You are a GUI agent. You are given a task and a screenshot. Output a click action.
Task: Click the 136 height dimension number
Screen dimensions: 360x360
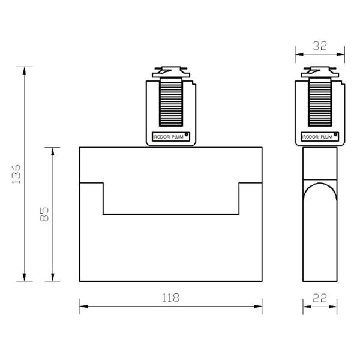coord(16,174)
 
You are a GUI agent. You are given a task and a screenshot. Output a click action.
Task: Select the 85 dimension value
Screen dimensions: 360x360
coord(44,214)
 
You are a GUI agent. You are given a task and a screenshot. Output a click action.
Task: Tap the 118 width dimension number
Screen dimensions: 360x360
coord(171,298)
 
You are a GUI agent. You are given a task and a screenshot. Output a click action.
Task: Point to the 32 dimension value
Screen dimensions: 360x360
coord(320,46)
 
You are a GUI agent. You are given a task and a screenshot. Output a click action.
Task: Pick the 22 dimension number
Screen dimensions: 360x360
coord(320,298)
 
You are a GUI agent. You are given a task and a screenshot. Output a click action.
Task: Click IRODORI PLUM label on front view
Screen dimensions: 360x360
coord(168,137)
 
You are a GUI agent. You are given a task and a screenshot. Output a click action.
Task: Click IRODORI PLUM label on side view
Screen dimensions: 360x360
coord(317,137)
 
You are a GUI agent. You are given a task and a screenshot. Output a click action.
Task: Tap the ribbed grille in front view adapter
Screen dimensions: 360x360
coord(171,103)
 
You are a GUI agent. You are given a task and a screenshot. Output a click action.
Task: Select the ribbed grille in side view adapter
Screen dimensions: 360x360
coord(320,103)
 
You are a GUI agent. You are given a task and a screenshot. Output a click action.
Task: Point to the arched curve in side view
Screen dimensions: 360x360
coord(320,183)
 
